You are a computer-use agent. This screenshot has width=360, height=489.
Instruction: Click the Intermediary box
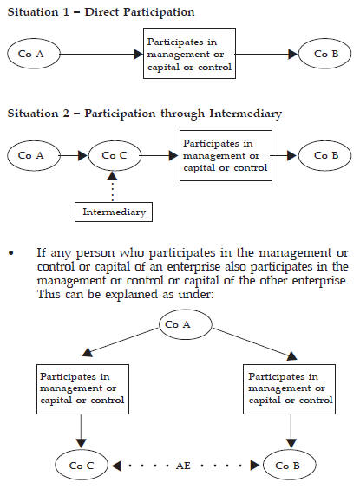coord(114,212)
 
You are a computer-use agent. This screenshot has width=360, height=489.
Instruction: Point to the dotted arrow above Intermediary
coord(112,186)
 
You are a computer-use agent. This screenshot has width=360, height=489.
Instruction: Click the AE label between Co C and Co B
coord(183,466)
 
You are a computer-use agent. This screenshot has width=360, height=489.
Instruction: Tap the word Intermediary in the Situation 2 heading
coord(245,114)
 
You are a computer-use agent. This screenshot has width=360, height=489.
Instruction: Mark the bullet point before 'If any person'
coord(11,253)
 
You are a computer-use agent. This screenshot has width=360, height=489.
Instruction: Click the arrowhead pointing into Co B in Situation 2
coord(291,155)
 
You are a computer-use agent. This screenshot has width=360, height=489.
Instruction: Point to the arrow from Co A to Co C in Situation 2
coord(74,155)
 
